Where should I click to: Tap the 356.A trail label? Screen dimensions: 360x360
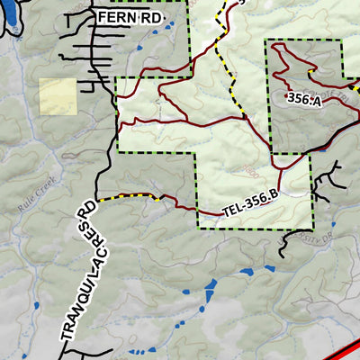click(303, 97)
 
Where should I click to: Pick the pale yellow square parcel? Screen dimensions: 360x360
click(58, 96)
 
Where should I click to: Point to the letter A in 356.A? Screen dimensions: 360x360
click(316, 100)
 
